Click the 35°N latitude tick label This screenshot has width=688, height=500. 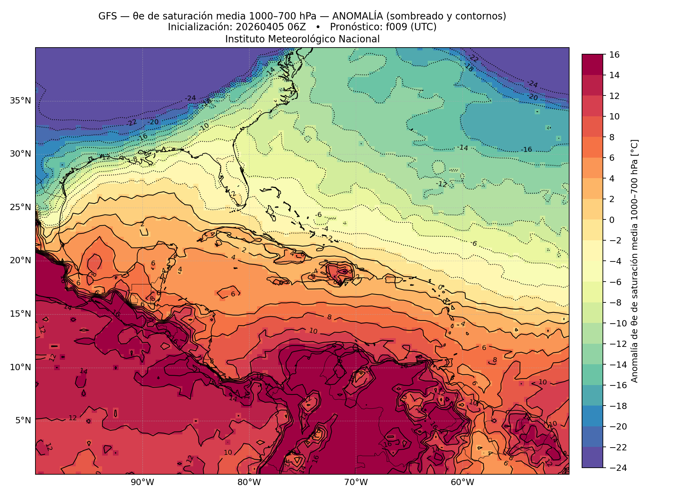(x=21, y=101)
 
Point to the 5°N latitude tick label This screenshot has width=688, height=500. (x=23, y=420)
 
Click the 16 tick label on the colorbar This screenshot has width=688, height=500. (x=614, y=55)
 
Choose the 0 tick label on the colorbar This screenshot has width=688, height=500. (x=612, y=220)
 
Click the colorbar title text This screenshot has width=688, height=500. (x=634, y=261)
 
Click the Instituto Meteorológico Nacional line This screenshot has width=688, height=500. (x=302, y=39)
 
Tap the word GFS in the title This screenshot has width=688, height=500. (x=107, y=16)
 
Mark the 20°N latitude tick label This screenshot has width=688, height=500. (x=21, y=260)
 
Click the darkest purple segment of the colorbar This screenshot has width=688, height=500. (x=592, y=457)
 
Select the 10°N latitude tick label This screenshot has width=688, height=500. (x=21, y=367)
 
